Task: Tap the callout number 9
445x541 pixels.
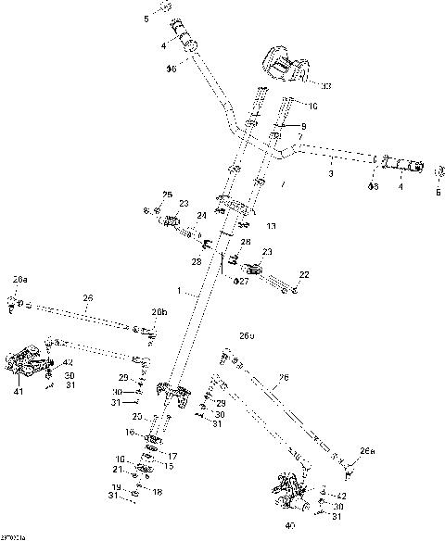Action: click(302, 125)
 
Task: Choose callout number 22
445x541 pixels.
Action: click(303, 274)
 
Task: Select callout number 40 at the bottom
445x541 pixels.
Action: click(292, 525)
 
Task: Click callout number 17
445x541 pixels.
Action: click(172, 457)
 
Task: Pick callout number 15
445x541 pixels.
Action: click(169, 466)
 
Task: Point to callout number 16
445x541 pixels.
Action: click(131, 432)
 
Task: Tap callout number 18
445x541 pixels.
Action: click(158, 492)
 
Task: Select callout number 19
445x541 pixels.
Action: click(117, 487)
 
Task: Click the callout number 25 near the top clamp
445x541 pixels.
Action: click(168, 194)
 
